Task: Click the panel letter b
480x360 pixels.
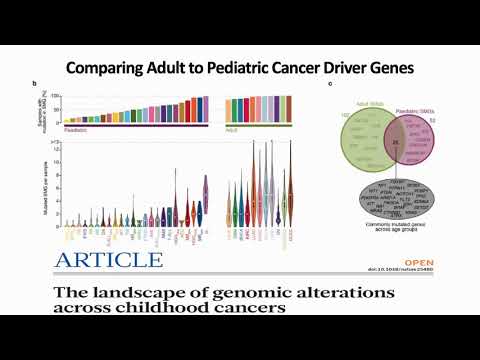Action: pos(64,84)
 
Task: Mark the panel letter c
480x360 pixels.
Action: pos(330,84)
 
